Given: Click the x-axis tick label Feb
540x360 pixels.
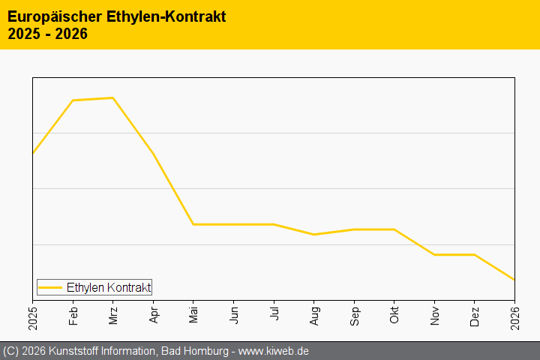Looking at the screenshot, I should click(x=73, y=314).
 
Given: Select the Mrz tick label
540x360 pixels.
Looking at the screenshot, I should click(x=113, y=314).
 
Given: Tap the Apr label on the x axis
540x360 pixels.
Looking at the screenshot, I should click(x=153, y=314).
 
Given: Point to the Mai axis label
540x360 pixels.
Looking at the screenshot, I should click(x=193, y=314).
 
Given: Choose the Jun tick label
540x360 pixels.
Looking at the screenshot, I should click(x=234, y=314).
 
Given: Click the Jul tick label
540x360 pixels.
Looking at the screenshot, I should click(x=274, y=313).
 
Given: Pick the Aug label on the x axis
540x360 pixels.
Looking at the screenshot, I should click(x=314, y=314).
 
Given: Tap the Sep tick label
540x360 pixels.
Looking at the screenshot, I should click(x=354, y=314).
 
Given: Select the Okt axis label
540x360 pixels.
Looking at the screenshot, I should click(x=394, y=314).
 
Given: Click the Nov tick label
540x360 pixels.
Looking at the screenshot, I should click(x=435, y=314).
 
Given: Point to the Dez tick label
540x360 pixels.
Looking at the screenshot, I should click(x=475, y=314).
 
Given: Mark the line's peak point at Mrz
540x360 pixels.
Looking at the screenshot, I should click(x=112, y=97).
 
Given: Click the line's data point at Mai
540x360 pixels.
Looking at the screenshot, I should click(x=193, y=224).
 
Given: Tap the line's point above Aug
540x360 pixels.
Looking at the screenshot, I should click(x=314, y=235).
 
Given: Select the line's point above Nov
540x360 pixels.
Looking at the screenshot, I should click(x=435, y=255).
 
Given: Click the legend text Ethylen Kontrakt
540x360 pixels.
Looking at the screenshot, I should click(x=109, y=287).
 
